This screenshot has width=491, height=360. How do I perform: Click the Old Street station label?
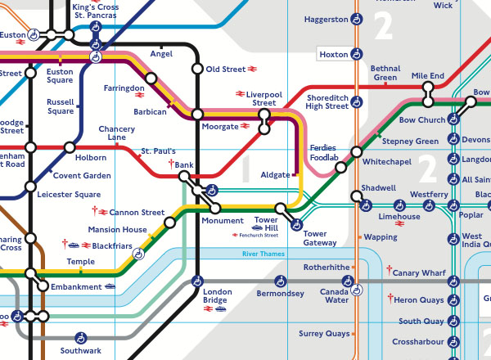225,70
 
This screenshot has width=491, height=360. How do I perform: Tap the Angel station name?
161,54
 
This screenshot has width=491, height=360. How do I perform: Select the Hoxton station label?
333,55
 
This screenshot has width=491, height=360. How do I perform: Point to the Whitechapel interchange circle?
356,152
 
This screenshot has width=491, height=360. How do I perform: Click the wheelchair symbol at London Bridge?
196,281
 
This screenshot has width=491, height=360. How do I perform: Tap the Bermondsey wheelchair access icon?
283,281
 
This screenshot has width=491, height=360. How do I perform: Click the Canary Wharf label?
418,272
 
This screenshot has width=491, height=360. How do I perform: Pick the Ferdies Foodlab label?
324,153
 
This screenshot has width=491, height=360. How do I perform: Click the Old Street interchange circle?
196,69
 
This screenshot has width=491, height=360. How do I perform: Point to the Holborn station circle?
70,148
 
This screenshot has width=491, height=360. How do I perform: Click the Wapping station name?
381,237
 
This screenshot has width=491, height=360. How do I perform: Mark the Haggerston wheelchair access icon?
357,19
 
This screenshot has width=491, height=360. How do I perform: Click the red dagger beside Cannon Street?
95,211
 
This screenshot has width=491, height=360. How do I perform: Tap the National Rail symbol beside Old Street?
255,70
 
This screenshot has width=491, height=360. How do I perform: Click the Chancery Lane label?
116,133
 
